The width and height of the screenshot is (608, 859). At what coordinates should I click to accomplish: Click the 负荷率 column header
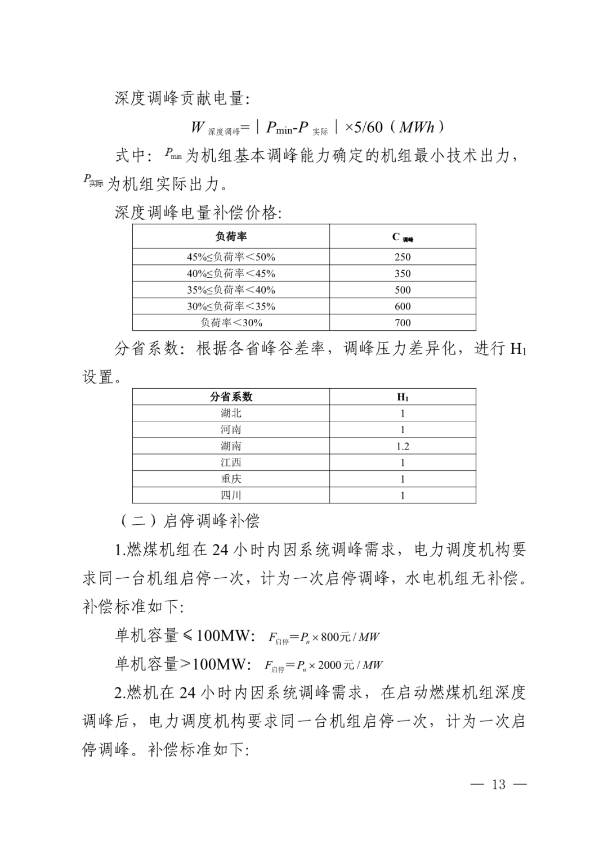[x=231, y=237]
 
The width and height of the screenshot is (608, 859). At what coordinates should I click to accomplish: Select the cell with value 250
[x=403, y=257]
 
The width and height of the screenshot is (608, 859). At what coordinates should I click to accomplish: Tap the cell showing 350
[x=403, y=273]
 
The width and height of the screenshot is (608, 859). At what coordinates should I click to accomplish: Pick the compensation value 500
[x=403, y=290]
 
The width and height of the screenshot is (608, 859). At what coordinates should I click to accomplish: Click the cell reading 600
[x=403, y=306]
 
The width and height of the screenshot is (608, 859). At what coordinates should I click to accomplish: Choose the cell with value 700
[x=403, y=322]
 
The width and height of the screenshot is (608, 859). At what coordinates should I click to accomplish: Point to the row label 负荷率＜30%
[x=231, y=322]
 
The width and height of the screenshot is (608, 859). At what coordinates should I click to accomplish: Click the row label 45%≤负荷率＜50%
[x=231, y=257]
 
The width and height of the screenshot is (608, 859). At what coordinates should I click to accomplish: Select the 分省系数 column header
[x=231, y=397]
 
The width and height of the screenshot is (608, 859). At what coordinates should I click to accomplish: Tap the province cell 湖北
[x=231, y=413]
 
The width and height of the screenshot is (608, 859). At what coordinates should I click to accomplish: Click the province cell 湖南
[x=231, y=446]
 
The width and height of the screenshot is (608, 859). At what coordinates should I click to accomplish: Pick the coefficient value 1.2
[x=403, y=446]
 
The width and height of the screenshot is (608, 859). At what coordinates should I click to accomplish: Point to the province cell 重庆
[x=231, y=479]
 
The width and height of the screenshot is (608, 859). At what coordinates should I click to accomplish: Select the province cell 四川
[x=231, y=495]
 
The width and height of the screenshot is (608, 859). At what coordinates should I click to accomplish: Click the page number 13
[x=499, y=785]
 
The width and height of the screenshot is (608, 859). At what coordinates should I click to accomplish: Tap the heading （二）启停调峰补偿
[x=189, y=520]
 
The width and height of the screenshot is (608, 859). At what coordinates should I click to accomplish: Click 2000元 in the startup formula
[x=336, y=665]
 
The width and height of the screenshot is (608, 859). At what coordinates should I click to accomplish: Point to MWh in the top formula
[x=417, y=127]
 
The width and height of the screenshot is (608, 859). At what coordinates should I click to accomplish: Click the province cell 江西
[x=231, y=462]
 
